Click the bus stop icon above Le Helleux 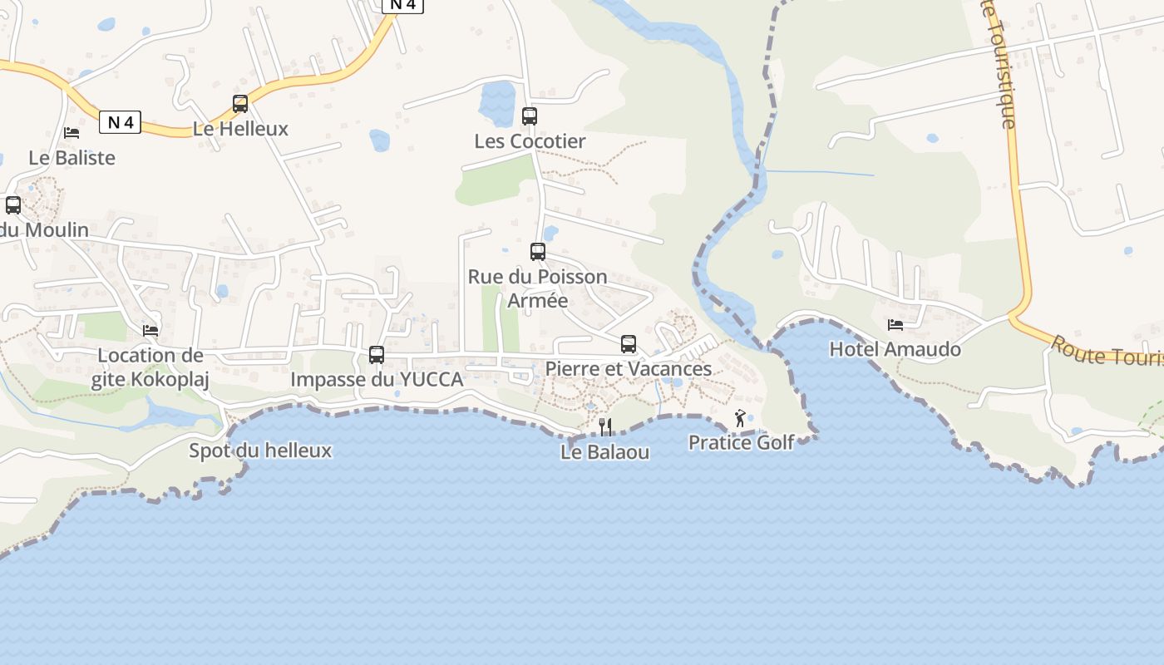(x=240, y=104)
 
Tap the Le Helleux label (x=240, y=129)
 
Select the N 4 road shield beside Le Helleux (x=121, y=123)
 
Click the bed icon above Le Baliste (x=72, y=133)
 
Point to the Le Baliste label (x=72, y=158)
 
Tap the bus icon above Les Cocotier (x=530, y=116)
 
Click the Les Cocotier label (x=530, y=141)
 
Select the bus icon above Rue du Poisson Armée (x=538, y=251)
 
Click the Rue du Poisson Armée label (x=537, y=288)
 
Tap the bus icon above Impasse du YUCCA (x=377, y=355)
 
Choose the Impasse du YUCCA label (x=377, y=380)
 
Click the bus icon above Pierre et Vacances (x=629, y=344)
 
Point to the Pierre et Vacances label (x=629, y=369)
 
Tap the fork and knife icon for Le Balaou (x=606, y=427)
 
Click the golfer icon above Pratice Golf (x=740, y=418)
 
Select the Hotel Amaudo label (x=895, y=349)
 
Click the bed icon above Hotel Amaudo (x=895, y=324)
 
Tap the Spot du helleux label (x=260, y=451)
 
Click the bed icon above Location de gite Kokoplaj (x=150, y=331)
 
